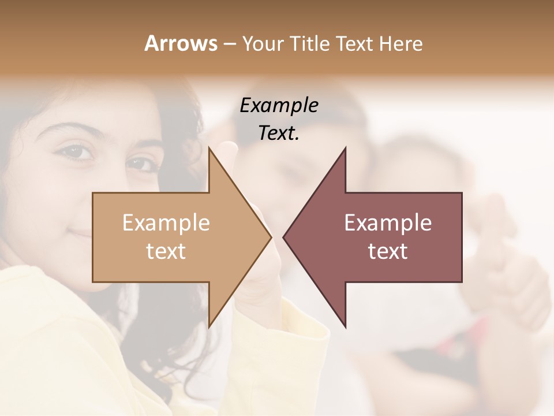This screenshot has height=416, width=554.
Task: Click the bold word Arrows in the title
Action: coord(181,43)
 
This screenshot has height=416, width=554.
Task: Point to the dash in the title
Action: coord(229,44)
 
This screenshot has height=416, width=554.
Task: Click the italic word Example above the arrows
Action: coord(279,106)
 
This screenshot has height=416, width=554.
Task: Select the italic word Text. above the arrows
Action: coord(279,133)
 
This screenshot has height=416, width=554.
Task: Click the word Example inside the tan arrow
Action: coord(166,222)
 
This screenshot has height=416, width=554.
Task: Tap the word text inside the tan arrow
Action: coord(166,251)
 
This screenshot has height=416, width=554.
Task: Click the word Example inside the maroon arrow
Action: coord(388,222)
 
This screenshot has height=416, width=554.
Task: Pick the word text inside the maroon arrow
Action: coord(388,251)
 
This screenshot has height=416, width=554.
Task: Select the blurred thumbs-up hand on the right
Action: coord(508,254)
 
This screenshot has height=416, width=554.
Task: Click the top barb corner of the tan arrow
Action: coord(209,148)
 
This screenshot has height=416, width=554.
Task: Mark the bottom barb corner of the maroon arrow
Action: coord(346,327)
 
